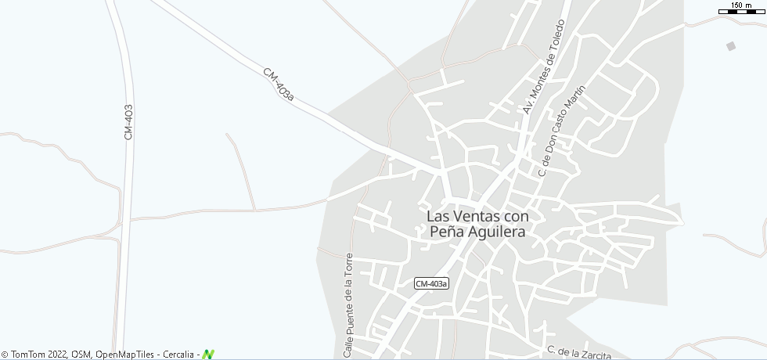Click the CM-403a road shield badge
point(432,284)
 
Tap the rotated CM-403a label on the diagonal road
point(279,85)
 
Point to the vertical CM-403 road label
point(129,122)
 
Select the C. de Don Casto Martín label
point(561,131)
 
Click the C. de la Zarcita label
point(579,352)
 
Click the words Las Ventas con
point(478,215)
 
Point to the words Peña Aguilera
point(477,232)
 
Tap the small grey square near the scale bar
point(731,46)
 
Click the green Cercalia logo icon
point(208,355)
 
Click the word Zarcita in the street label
point(593,354)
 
